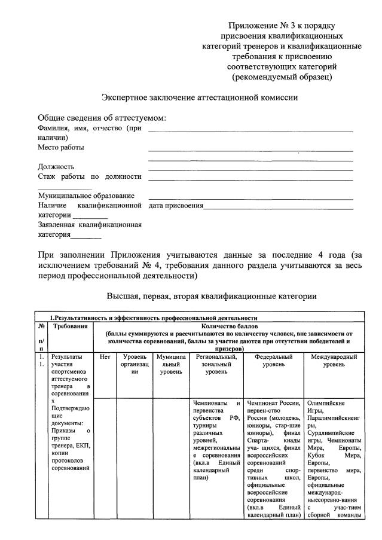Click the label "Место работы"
pos(61,147)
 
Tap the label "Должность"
pos(56,167)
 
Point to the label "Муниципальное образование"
pos(86,196)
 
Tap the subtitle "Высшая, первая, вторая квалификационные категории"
pos(212,296)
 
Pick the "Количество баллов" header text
pos(230,327)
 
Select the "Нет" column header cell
pos(105,357)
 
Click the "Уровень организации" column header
pos(135,364)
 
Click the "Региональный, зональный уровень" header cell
pos(216,364)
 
